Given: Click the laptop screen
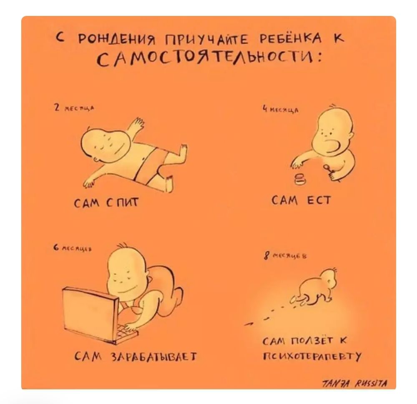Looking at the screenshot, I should pyautogui.click(x=85, y=306).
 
